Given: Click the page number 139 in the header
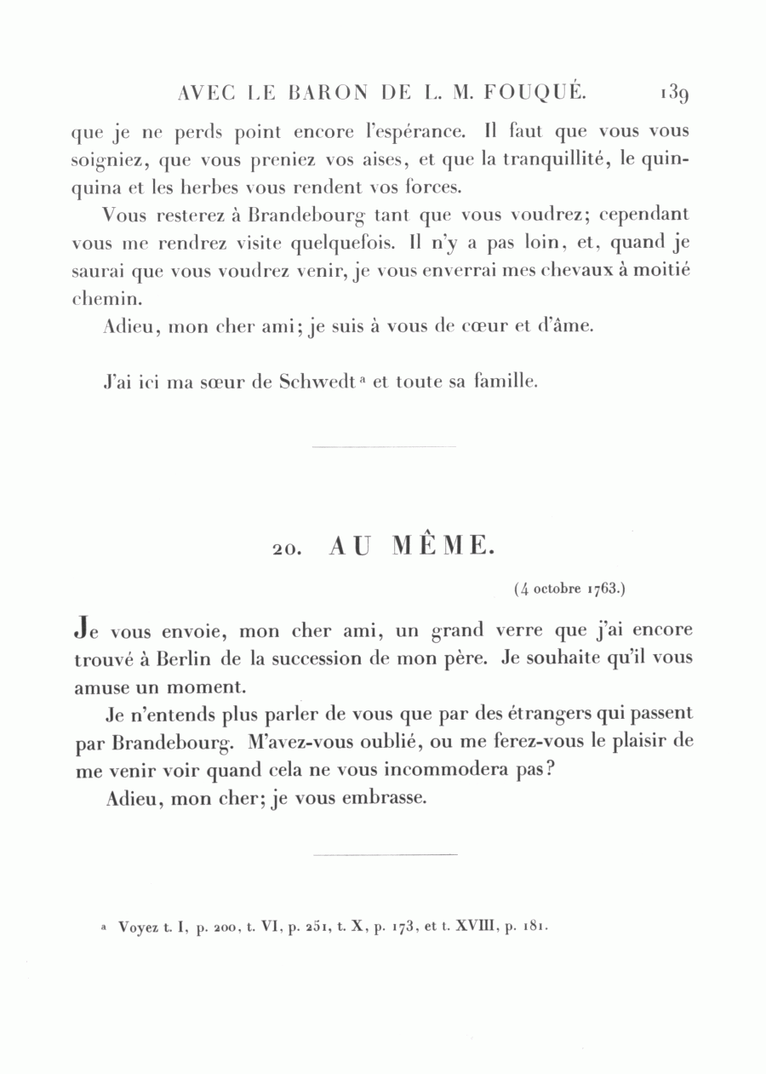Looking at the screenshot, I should pyautogui.click(x=672, y=92).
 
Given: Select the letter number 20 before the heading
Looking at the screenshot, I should pyautogui.click(x=285, y=550).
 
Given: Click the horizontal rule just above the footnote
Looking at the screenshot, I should pyautogui.click(x=385, y=854).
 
